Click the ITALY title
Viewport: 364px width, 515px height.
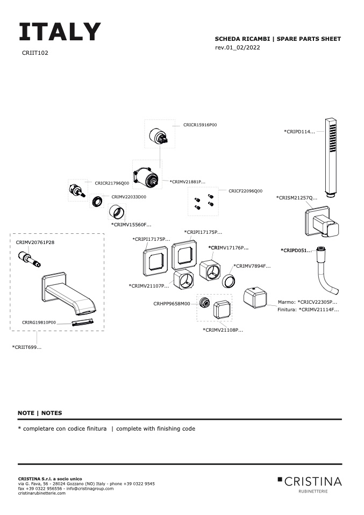[60, 32]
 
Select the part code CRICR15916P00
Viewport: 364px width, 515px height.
[200, 125]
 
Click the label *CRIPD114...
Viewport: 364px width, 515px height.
[299, 132]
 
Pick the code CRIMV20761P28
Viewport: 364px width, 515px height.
[35, 242]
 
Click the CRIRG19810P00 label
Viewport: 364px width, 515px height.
[39, 322]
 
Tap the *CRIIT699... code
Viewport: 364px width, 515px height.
[27, 347]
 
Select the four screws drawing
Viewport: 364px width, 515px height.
[204, 202]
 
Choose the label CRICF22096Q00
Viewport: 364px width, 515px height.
[245, 191]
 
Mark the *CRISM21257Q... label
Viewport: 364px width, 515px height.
[297, 198]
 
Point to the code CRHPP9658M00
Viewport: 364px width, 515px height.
[172, 304]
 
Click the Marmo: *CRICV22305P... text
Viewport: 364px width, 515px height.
[308, 302]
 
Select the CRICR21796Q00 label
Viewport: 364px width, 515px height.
[112, 183]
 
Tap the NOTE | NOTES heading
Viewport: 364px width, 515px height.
[40, 413]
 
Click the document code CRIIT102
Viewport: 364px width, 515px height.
[35, 53]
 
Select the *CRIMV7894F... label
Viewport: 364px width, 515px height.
[252, 266]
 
